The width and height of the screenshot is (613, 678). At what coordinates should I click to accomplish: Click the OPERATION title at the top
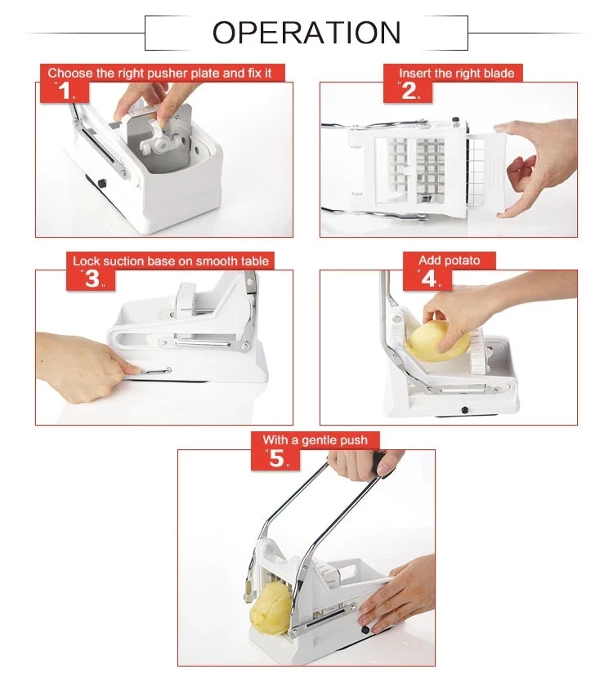tap(306, 33)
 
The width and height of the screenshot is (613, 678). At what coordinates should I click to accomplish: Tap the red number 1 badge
tap(64, 91)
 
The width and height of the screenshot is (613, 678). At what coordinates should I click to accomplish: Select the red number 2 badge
tap(409, 91)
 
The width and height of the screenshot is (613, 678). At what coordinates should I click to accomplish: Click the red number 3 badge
tap(92, 279)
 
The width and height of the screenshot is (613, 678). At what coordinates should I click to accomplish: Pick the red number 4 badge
tap(430, 279)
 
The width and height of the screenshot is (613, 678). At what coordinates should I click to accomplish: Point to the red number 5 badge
tap(278, 458)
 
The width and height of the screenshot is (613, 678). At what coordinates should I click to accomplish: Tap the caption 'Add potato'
tap(450, 261)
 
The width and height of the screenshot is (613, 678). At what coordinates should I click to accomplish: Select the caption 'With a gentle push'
tap(315, 440)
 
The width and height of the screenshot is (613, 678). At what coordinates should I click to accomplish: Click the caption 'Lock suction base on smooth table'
tap(170, 261)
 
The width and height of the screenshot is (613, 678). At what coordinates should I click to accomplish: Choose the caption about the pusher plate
tap(166, 74)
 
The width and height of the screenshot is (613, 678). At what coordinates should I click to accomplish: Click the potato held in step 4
tap(439, 339)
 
